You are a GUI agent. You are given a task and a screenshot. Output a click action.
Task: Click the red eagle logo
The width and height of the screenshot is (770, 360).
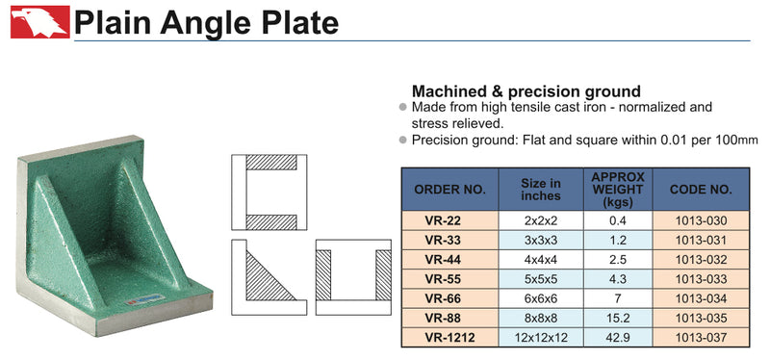(39, 21)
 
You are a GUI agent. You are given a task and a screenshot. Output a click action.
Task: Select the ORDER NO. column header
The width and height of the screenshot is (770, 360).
(449, 190)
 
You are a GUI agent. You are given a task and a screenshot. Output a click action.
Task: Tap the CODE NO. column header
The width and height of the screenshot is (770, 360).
(701, 190)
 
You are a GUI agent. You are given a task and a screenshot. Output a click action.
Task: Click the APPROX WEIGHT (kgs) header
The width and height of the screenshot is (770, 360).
(618, 190)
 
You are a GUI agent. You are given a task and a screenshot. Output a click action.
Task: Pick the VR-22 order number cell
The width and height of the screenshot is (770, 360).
(443, 220)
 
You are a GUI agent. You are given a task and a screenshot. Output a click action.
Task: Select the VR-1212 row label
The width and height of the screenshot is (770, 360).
(449, 338)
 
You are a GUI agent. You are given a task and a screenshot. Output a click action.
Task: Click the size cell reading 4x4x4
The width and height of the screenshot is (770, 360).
(541, 260)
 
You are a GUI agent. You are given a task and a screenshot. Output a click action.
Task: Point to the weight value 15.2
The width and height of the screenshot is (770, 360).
(618, 319)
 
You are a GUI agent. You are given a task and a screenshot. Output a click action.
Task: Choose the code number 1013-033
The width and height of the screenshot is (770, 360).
(701, 279)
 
